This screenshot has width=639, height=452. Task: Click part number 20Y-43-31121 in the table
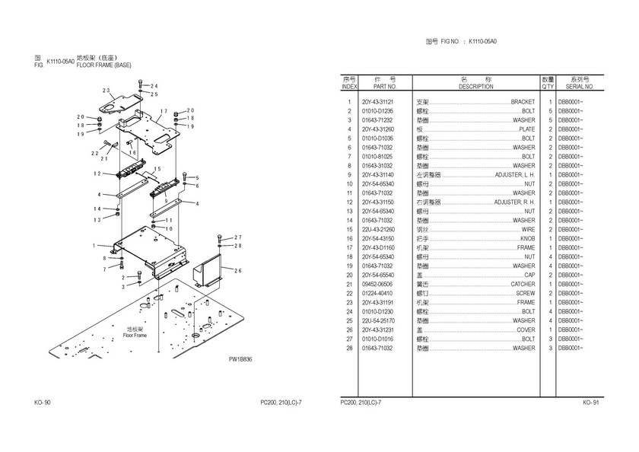tap(377, 102)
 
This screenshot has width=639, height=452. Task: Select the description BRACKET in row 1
tap(523, 102)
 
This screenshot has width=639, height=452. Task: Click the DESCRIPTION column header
tap(476, 87)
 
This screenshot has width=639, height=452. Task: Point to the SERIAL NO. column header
tap(579, 87)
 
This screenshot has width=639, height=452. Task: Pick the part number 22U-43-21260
tap(377, 229)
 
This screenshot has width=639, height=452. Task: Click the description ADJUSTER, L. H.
tap(514, 175)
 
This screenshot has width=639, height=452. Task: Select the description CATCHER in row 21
tap(523, 284)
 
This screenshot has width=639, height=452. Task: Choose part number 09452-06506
tap(377, 284)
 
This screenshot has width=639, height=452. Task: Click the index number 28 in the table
tap(349, 348)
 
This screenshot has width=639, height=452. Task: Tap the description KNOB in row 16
tap(527, 238)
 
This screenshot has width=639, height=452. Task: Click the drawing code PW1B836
tap(240, 360)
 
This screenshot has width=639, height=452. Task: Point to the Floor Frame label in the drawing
tap(135, 335)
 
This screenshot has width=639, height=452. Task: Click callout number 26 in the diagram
tap(237, 270)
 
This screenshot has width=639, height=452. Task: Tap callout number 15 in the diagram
tap(157, 169)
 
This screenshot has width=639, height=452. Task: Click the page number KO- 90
tap(43, 402)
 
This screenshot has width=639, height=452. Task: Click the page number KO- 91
tap(591, 402)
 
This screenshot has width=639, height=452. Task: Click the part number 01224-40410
tap(377, 293)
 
